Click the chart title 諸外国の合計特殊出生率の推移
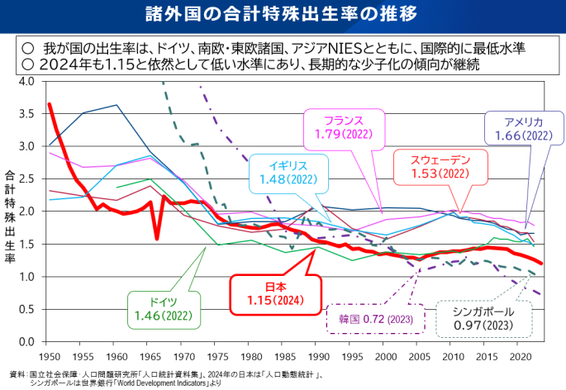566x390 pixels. click(283, 15)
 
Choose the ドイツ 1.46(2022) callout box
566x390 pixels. click(159, 308)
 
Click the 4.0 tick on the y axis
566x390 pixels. click(25, 82)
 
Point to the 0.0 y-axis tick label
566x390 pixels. click(25, 341)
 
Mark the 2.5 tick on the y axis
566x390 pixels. click(25, 179)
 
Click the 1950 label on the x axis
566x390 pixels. click(49, 356)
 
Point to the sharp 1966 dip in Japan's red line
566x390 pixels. click(157, 239)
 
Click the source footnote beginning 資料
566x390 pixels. click(165, 378)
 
